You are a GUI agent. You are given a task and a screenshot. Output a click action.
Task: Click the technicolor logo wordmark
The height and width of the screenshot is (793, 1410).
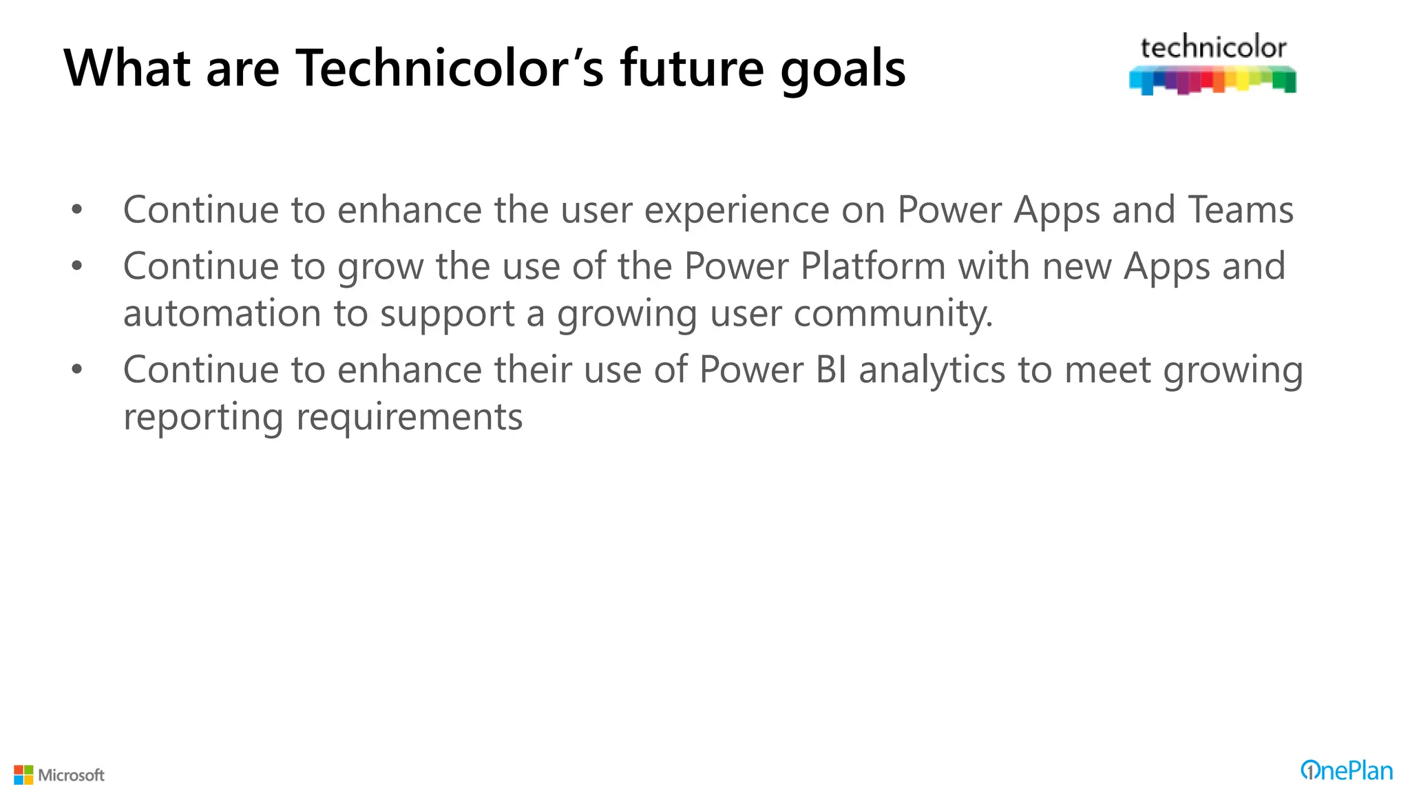1213,48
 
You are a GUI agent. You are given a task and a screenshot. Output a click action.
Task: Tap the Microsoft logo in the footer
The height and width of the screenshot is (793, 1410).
59,775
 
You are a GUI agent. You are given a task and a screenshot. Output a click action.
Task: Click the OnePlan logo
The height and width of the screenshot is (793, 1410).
1346,771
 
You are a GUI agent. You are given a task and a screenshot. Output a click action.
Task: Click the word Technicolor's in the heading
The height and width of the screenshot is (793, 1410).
450,68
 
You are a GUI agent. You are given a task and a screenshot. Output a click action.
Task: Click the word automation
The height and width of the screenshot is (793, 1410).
222,314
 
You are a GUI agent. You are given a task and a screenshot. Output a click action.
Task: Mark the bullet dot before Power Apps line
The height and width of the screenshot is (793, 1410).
76,209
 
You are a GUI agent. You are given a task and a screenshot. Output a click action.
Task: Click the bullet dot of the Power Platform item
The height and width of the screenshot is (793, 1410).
76,266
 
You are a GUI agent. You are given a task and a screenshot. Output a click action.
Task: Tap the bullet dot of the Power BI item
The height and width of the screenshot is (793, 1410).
76,370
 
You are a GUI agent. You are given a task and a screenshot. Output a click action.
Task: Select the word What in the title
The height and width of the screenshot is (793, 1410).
127,68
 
